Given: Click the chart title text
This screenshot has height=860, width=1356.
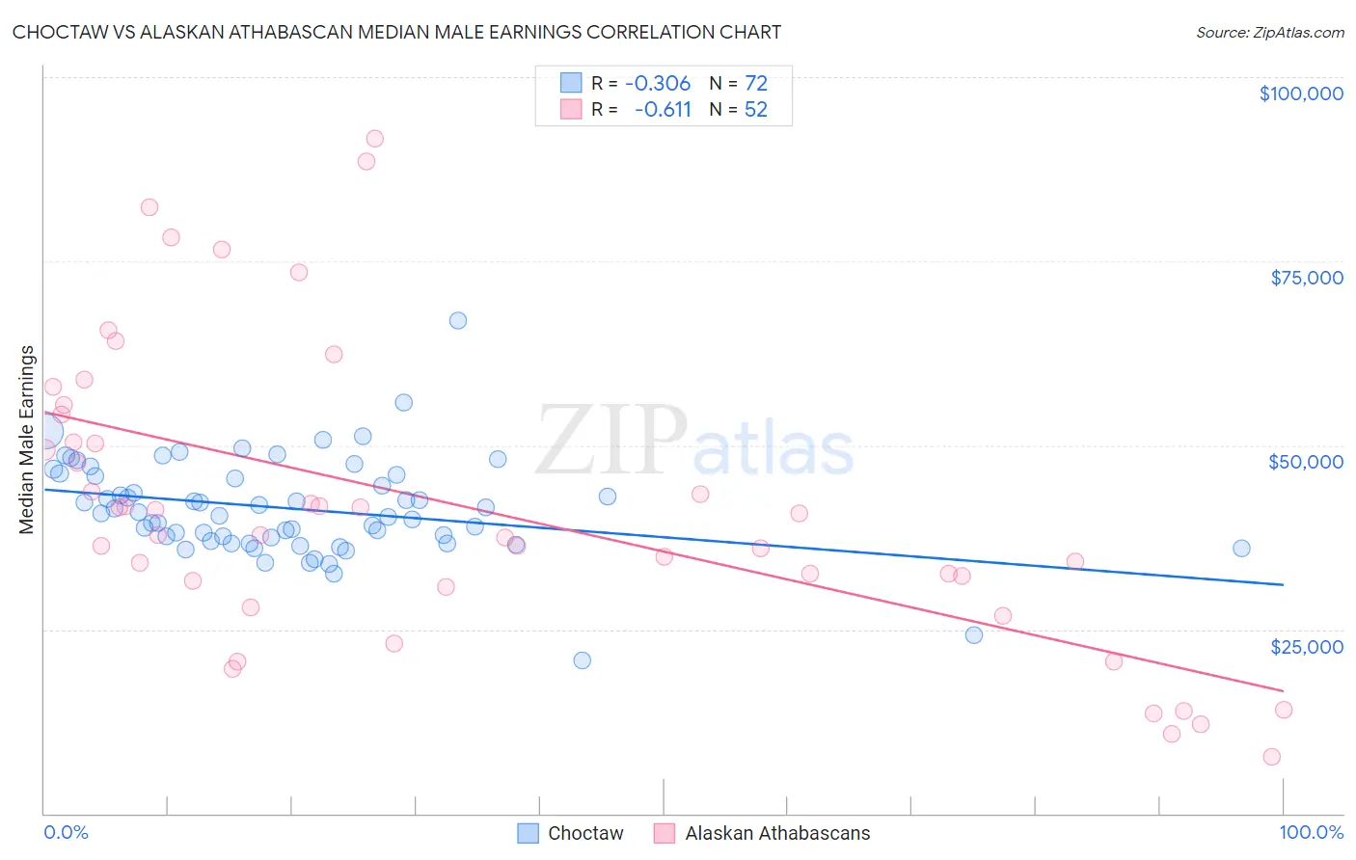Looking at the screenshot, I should point(396,32).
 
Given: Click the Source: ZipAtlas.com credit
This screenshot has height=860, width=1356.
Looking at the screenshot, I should point(1269,32).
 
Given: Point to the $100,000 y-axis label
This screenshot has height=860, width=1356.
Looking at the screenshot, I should point(1301,94).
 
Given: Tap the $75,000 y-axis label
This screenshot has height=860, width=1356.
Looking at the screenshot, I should point(1307,278).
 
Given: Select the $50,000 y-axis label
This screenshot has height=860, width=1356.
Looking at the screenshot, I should point(1306,462).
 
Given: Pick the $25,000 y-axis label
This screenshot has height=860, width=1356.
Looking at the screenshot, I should point(1307,646).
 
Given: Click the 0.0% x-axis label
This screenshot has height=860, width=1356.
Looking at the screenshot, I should point(67,832).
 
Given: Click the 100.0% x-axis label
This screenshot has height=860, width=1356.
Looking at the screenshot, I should point(1312,832).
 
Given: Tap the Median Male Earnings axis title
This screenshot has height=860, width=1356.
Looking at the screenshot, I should point(27,440).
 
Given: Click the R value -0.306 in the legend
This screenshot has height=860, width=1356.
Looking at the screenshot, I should point(658,84).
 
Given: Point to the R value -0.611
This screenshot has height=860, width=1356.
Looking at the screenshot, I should point(663,109).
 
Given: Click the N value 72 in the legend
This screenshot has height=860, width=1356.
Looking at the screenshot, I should point(756,84).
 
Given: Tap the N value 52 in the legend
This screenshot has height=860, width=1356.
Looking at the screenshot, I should point(756,109).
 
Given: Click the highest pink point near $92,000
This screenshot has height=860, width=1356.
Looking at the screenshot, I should point(375,139).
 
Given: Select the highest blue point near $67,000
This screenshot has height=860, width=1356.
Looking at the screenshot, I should point(458,320).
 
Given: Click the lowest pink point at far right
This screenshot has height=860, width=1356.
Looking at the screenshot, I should point(1272,757).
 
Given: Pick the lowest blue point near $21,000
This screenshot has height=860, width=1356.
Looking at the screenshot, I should point(582,660).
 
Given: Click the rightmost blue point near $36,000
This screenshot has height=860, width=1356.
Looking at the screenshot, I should point(1241,549).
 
